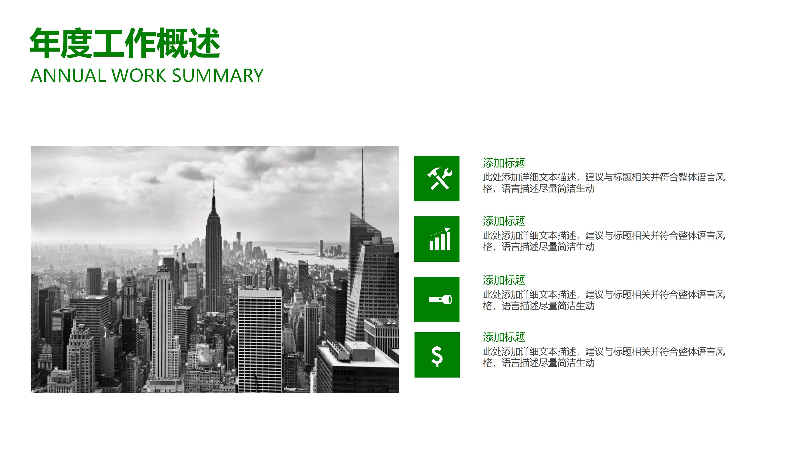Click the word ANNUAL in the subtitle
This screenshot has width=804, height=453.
pos(68,76)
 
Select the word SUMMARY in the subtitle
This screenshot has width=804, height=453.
pos(218,76)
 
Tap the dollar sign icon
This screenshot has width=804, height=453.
pos(437,355)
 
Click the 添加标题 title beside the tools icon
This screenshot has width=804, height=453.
pos(504,163)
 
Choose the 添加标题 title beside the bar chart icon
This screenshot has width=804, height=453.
pos(504,221)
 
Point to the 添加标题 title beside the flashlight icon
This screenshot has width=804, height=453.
pos(504,280)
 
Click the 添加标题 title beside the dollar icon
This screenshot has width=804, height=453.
pos(504,337)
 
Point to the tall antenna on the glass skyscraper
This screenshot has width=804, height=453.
pos(362,181)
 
